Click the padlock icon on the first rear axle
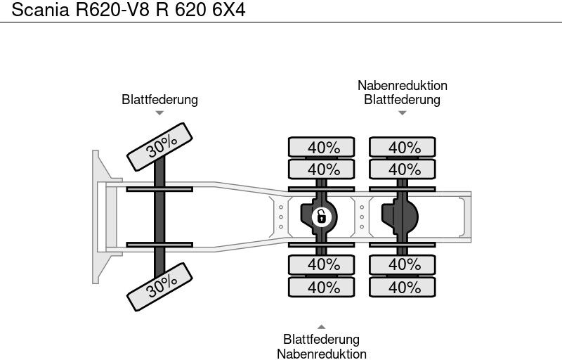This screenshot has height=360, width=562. pos(322,217)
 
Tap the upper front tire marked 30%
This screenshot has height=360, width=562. pos(160,147)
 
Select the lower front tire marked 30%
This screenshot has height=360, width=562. pos(160,287)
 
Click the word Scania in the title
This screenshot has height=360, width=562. pos(40,9)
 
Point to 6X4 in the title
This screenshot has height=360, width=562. pos(229,9)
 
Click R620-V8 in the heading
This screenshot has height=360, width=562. pos(112,9)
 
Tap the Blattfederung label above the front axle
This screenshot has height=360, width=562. pos(160,100)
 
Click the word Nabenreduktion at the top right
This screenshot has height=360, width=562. pos(403,86)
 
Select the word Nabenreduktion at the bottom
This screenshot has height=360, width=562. pos(322,354)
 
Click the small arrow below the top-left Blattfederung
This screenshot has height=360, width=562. pos(160,113)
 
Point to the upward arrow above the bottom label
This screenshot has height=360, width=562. pos(322,327)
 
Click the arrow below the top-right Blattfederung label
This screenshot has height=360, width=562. pos(403,113)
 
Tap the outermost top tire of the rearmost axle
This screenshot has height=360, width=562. pos(403,147)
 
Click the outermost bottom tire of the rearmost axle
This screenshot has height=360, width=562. pos(403,287)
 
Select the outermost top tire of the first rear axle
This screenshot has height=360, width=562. pos(322,147)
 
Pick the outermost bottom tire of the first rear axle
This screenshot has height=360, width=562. pos(322,287)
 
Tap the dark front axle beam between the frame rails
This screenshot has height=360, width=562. pos(159,217)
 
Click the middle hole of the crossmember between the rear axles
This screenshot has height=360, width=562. pos(362,217)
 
